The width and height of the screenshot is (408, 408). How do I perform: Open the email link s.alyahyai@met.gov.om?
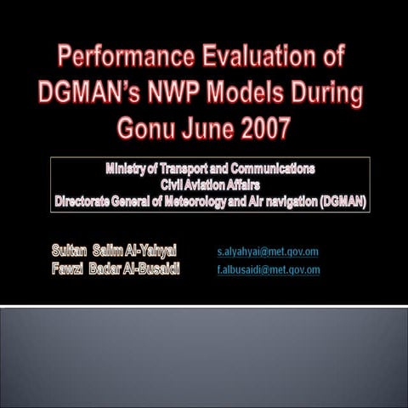(x=268, y=252)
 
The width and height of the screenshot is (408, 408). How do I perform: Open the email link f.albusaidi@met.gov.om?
(x=268, y=269)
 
